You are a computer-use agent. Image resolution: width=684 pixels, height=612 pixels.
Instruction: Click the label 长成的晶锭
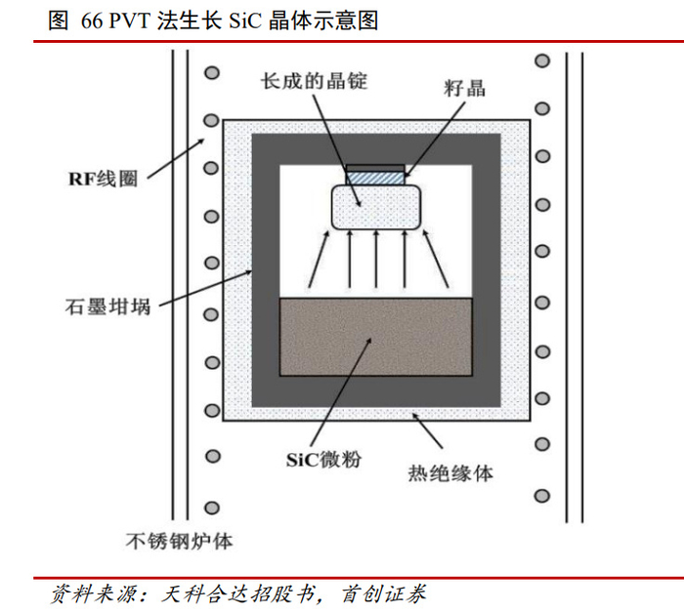point(314,83)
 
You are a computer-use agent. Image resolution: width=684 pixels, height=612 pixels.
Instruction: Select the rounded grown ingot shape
point(375,206)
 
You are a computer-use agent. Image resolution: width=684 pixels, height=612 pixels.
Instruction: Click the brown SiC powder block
point(375,337)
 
